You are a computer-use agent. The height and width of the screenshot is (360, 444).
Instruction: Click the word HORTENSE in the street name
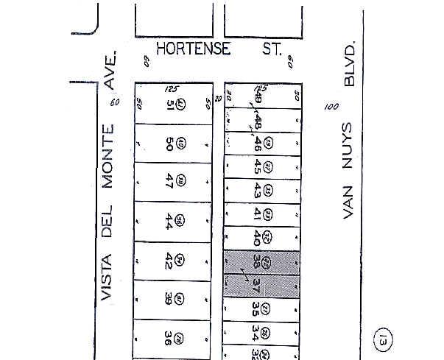tap(194, 49)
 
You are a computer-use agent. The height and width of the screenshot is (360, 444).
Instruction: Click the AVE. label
tap(111, 71)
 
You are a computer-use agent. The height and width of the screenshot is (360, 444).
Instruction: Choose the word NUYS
tap(350, 140)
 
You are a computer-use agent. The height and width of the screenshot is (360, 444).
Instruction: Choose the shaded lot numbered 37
tap(257, 284)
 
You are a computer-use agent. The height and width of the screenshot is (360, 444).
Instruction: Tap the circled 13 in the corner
tap(383, 341)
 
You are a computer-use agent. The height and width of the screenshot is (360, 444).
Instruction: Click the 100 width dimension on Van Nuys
tap(331, 107)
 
